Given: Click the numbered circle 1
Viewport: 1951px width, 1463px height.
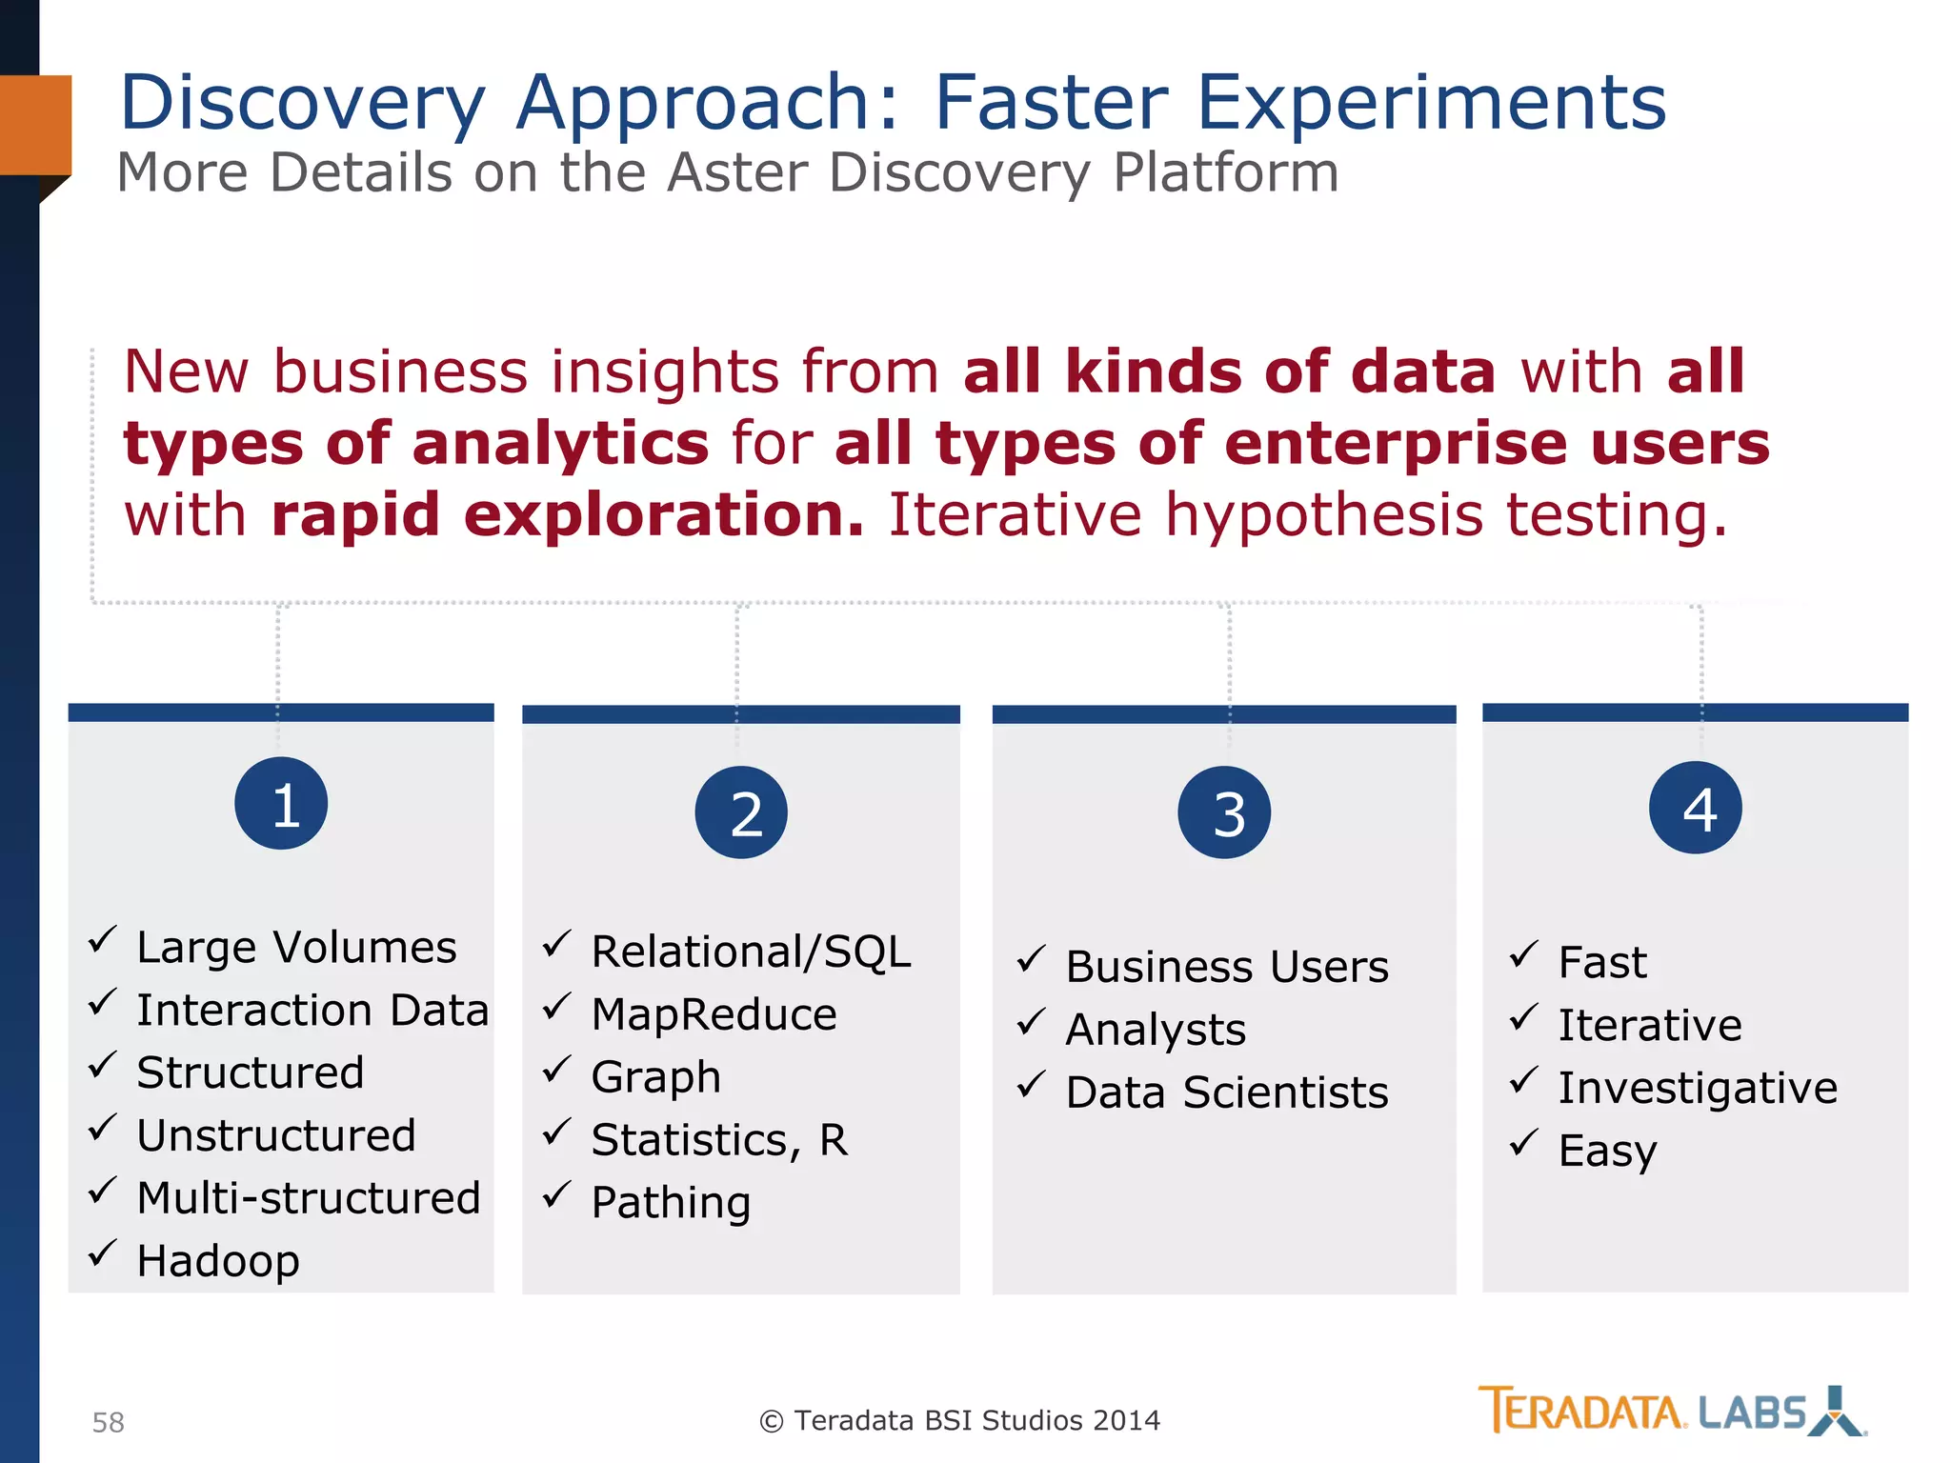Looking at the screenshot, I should click(281, 803).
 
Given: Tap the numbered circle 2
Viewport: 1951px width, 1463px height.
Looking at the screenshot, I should click(741, 812).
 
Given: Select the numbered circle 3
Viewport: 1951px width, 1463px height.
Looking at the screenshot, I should click(1224, 812).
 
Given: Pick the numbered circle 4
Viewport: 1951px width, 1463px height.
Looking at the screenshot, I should click(1696, 808).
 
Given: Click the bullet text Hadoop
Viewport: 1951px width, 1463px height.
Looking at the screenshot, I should click(218, 1261).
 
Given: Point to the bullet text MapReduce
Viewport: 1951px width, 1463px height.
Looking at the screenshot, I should click(714, 1014).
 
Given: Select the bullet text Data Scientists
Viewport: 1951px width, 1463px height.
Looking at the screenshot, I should click(1227, 1092).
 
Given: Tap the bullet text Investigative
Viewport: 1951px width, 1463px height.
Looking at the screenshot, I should click(1698, 1088).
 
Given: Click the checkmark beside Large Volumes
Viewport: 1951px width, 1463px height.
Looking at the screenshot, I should click(102, 940).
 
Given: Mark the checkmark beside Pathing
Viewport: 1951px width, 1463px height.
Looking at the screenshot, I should click(556, 1194).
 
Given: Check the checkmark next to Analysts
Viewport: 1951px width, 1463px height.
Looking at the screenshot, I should click(1031, 1022).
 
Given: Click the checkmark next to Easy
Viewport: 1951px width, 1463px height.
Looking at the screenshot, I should click(1523, 1142).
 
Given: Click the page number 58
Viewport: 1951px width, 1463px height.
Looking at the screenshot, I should click(109, 1422).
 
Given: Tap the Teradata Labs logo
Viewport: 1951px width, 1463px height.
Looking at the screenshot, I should click(1671, 1411).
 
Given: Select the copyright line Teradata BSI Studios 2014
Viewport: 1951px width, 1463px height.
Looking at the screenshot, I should click(960, 1420).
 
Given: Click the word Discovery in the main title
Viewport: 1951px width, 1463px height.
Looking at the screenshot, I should click(303, 103).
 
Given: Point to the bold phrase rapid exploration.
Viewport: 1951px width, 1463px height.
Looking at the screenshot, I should click(568, 515).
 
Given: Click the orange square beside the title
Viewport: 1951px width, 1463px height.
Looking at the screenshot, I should click(35, 125).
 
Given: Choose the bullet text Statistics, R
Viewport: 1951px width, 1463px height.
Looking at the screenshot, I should click(719, 1140).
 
